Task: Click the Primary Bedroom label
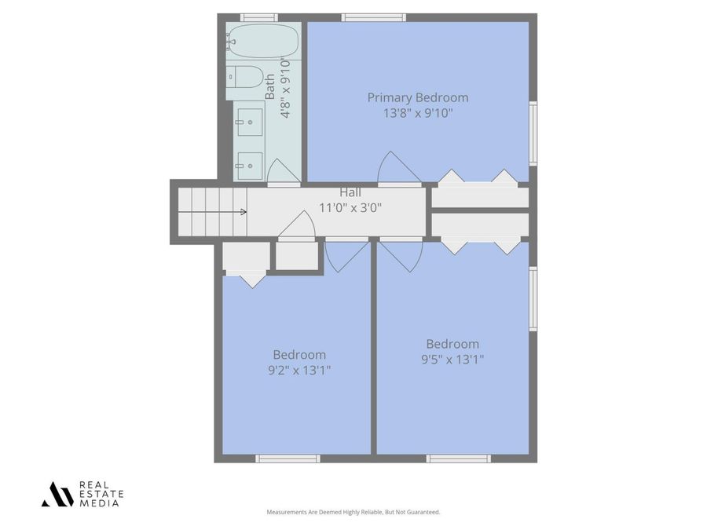point(418,97)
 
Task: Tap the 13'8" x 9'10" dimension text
point(418,113)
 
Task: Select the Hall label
point(350,192)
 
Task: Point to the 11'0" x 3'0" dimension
point(350,208)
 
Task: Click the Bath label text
point(270,86)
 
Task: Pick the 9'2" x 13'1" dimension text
point(299,371)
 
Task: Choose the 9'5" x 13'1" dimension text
point(452,360)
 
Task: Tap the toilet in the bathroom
point(246,77)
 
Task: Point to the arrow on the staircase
point(243,211)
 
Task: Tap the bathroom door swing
point(283,173)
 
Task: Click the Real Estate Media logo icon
point(57,494)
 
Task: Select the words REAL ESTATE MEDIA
point(101,494)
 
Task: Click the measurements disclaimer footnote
point(353,512)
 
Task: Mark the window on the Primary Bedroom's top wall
point(374,17)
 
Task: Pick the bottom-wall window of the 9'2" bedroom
point(288,459)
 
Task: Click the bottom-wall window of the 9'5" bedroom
point(459,459)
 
